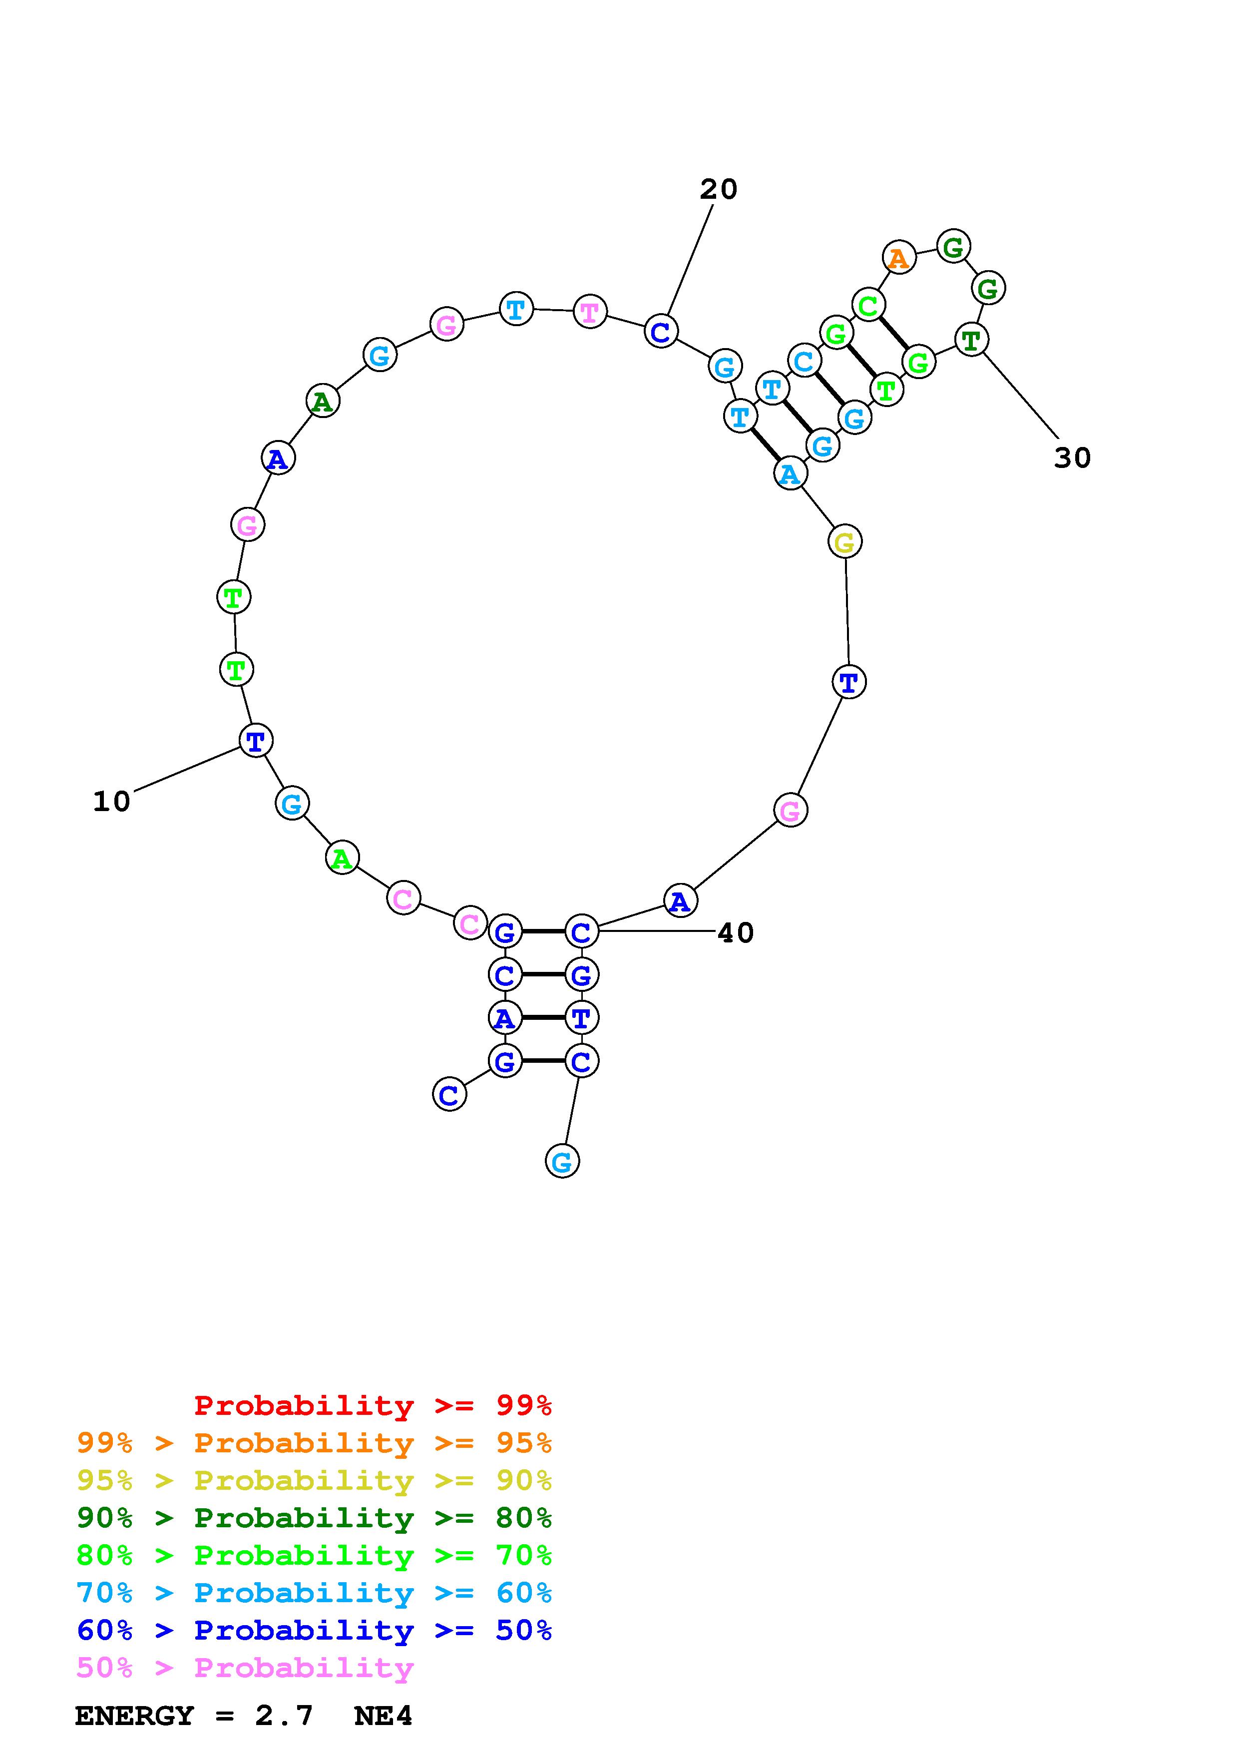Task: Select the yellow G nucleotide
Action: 844,542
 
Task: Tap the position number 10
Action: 111,801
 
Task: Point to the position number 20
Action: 719,189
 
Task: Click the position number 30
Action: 1073,458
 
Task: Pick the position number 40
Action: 735,932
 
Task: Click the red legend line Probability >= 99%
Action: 373,1405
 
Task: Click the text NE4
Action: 383,1716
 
